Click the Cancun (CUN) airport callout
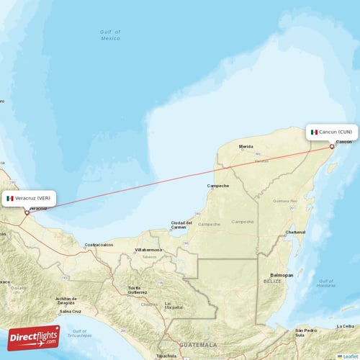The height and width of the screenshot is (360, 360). click(x=332, y=132)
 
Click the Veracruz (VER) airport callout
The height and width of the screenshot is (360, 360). click(x=28, y=198)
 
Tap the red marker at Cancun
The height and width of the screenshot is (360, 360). click(x=332, y=146)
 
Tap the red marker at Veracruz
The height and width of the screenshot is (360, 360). click(x=27, y=212)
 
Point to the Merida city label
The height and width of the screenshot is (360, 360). click(x=246, y=146)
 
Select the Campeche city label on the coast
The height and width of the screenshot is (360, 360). click(x=218, y=186)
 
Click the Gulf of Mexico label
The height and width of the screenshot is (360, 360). click(x=110, y=35)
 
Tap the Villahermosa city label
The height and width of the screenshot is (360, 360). click(x=149, y=250)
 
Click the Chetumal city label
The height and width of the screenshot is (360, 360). click(x=295, y=233)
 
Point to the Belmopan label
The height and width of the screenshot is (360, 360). click(x=282, y=275)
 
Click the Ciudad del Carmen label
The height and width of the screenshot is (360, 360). click(x=181, y=225)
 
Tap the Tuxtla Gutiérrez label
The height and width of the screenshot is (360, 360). click(x=138, y=289)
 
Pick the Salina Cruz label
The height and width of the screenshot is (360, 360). click(x=71, y=312)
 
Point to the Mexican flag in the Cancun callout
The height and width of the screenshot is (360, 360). click(x=314, y=132)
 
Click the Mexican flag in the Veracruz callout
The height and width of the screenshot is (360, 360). click(x=10, y=198)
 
